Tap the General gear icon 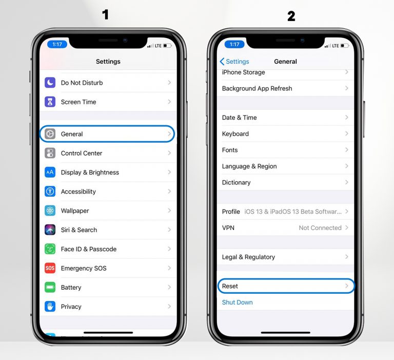50,134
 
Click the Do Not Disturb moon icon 50,83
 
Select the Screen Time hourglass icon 50,102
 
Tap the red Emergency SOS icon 50,268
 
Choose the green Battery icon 50,287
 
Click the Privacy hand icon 50,307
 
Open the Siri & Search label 78,230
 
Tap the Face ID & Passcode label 88,249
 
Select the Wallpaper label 75,211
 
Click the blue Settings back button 234,62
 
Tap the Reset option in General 230,286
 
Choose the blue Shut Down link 237,302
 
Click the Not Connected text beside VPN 320,228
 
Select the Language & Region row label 249,166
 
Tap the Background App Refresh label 257,88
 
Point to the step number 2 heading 291,16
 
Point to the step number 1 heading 106,15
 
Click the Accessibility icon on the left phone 50,192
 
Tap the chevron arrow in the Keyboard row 346,134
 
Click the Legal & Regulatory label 248,257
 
